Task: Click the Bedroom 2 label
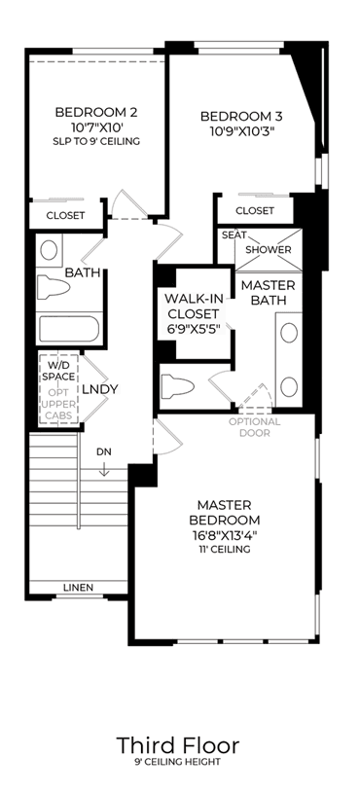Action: [x=96, y=112]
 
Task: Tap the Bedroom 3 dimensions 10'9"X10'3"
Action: [x=240, y=129]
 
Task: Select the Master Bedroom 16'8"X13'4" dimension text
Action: [x=225, y=535]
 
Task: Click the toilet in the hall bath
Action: [x=54, y=287]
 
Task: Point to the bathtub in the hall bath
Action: [x=69, y=329]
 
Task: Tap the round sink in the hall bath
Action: [x=49, y=250]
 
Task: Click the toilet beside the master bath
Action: [x=177, y=386]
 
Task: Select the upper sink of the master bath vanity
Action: [x=289, y=334]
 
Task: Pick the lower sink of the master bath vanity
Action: [x=289, y=386]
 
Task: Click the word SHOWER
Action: [x=269, y=250]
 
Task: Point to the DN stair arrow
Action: [x=104, y=470]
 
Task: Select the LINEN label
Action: [x=78, y=587]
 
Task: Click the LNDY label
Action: [x=100, y=389]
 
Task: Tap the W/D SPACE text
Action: [x=58, y=371]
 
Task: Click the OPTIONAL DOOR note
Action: [x=255, y=427]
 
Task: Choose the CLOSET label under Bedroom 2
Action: [x=66, y=215]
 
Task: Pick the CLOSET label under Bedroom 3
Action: [x=255, y=210]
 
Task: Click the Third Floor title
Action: [x=178, y=745]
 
